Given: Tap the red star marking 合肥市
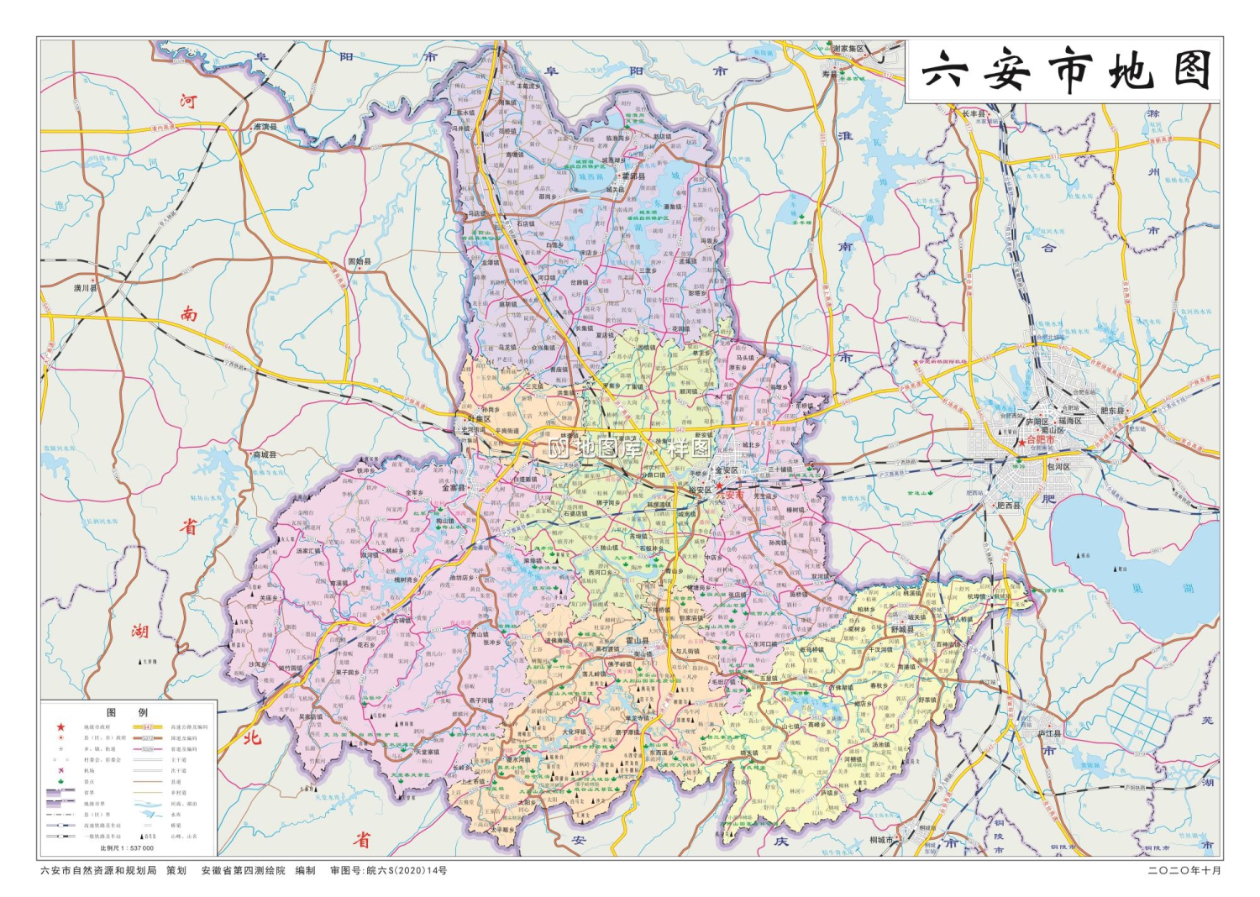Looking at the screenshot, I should point(1021,440).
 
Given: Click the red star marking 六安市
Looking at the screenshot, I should point(719,486).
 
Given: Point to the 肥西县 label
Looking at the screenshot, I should point(1008,506).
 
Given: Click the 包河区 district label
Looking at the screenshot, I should point(1058,466).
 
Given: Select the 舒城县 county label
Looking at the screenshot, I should point(903,629).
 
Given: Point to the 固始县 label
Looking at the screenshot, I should point(360,262).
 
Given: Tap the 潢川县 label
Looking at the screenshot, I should point(86,288).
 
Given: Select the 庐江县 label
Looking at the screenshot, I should point(1050,732).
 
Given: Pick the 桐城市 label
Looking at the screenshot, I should point(881,839).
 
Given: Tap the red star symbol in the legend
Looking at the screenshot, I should point(60,727).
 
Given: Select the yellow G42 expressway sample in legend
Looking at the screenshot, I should point(147,727).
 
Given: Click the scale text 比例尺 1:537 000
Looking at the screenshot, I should point(127,848).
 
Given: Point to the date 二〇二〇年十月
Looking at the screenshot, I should point(1184,871).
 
